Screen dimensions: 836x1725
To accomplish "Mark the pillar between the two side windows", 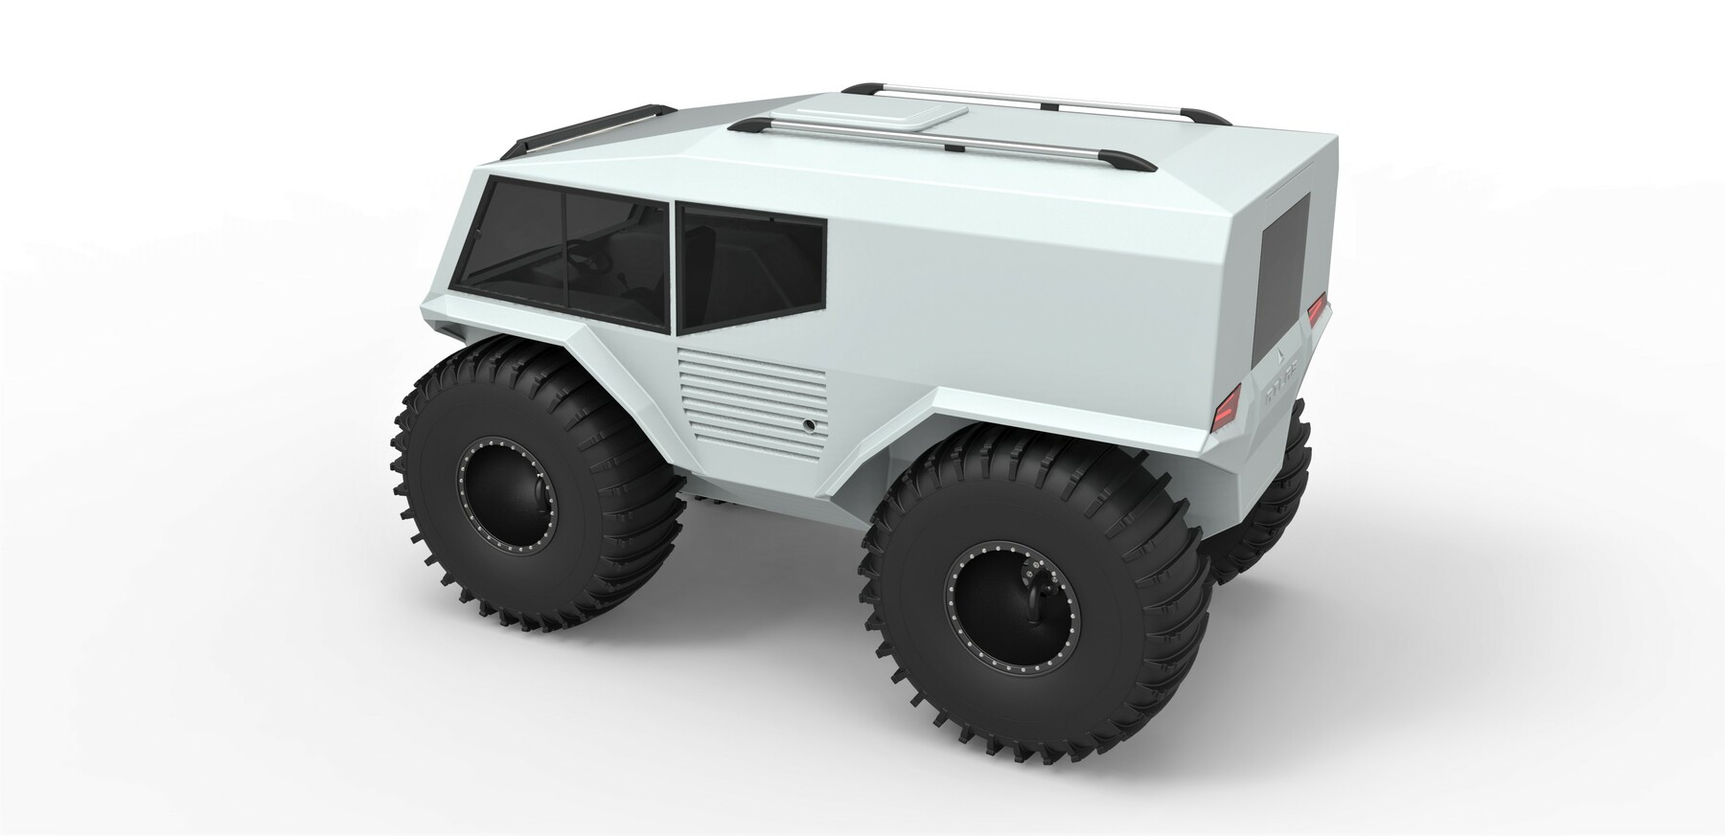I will tap(672, 268).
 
